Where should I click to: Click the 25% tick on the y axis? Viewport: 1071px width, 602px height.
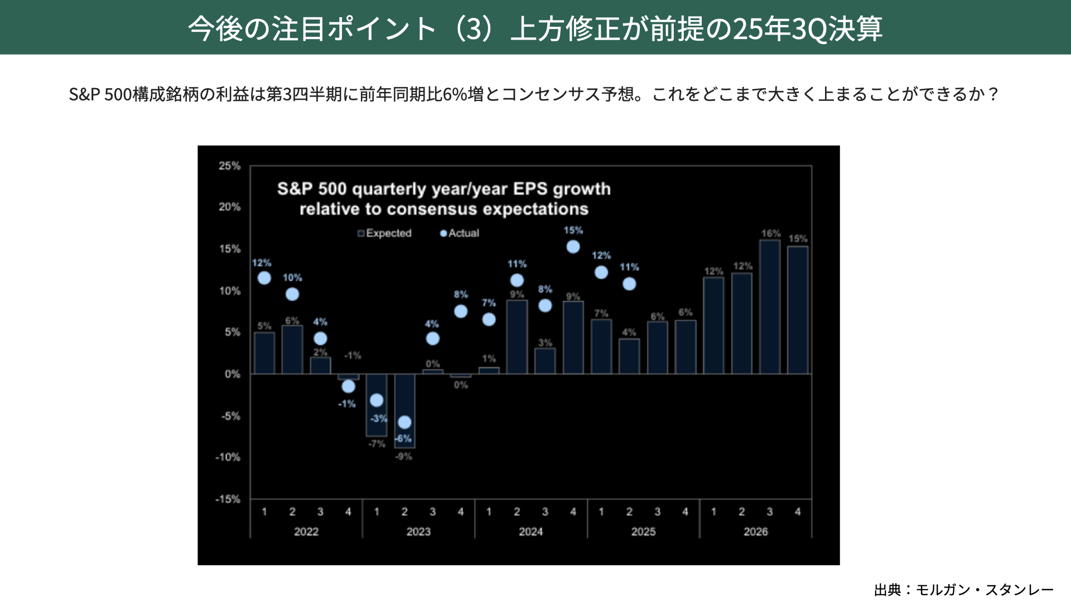pyautogui.click(x=229, y=166)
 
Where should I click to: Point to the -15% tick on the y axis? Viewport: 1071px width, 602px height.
pyautogui.click(x=228, y=499)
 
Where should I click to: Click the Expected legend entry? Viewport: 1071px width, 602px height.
pyautogui.click(x=384, y=233)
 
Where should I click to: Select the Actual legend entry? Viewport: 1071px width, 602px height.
pyautogui.click(x=460, y=233)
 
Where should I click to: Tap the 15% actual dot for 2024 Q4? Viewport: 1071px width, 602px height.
pyautogui.click(x=573, y=247)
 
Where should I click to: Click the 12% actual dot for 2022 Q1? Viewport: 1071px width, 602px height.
pyautogui.click(x=264, y=278)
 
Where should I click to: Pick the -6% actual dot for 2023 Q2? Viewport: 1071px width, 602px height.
pyautogui.click(x=404, y=422)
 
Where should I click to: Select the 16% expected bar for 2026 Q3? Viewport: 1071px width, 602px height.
pyautogui.click(x=770, y=307)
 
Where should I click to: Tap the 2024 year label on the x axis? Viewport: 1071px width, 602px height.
pyautogui.click(x=530, y=532)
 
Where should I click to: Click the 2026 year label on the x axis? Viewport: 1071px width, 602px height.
pyautogui.click(x=755, y=532)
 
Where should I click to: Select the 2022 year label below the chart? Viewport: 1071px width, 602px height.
pyautogui.click(x=306, y=532)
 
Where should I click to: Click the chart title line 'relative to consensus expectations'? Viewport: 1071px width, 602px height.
pyautogui.click(x=443, y=209)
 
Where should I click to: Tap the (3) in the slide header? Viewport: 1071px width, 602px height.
pyautogui.click(x=474, y=28)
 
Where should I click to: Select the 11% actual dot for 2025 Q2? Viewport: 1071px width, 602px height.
pyautogui.click(x=629, y=284)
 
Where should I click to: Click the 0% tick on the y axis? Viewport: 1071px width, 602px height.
pyautogui.click(x=232, y=374)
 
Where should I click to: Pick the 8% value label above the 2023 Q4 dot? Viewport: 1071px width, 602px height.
pyautogui.click(x=461, y=294)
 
